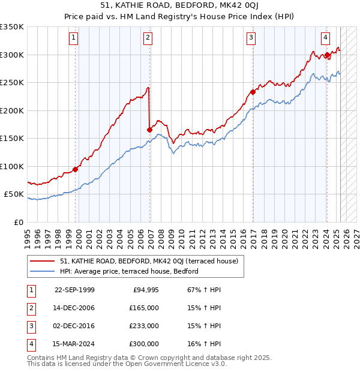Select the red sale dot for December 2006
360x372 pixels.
[149, 129]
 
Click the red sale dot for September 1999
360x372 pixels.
[76, 169]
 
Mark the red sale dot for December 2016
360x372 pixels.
[253, 92]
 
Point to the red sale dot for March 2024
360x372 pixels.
[327, 55]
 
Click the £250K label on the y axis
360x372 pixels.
[12, 83]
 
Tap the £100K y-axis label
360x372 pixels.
[12, 167]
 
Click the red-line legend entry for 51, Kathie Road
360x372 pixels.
[149, 261]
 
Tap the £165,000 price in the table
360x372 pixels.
[145, 308]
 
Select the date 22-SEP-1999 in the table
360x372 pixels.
[74, 290]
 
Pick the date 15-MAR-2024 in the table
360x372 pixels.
[74, 344]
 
